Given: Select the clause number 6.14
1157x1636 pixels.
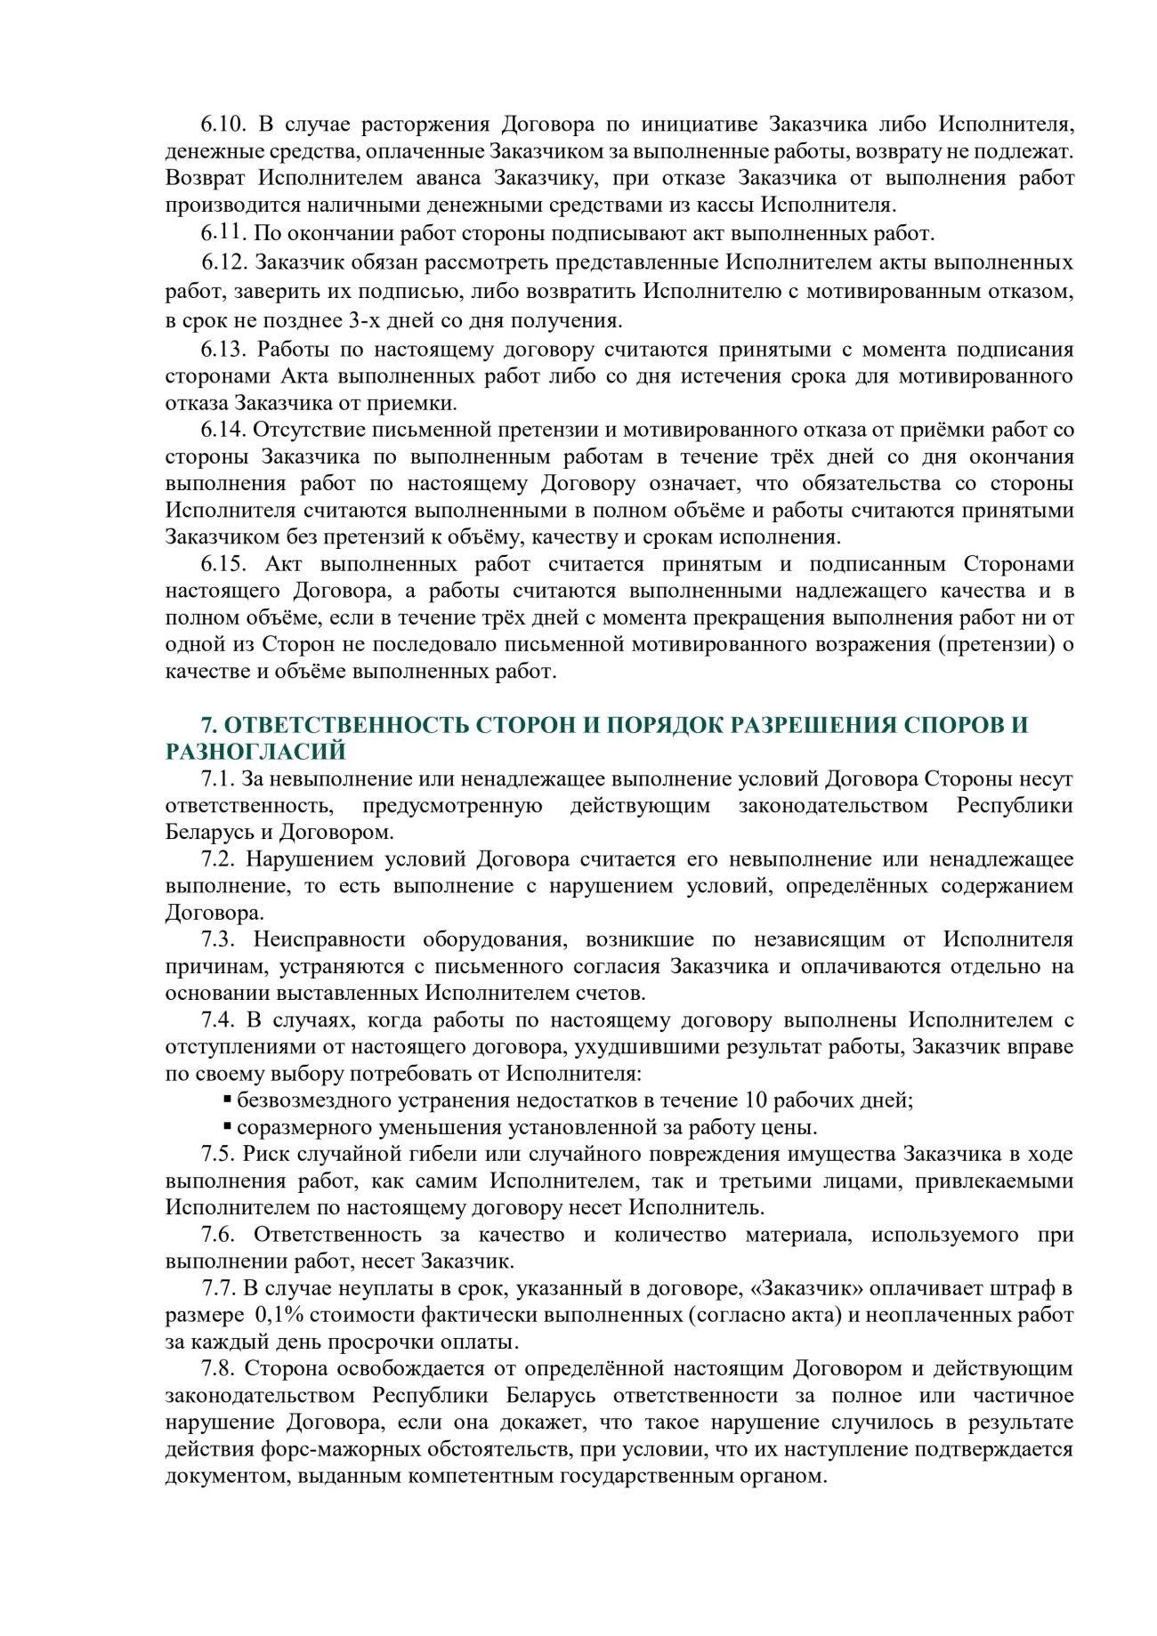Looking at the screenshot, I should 222,430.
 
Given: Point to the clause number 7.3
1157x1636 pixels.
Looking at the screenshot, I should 217,939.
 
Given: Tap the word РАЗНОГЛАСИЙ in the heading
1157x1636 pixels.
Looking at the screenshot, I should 255,752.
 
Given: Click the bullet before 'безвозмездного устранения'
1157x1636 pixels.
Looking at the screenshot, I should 228,1100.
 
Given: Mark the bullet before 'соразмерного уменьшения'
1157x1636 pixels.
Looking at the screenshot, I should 228,1127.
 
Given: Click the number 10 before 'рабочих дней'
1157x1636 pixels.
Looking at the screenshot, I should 756,1100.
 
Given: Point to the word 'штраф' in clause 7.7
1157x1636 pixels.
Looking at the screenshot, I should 1032,1288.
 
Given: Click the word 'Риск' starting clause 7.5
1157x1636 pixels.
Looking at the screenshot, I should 261,1154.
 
